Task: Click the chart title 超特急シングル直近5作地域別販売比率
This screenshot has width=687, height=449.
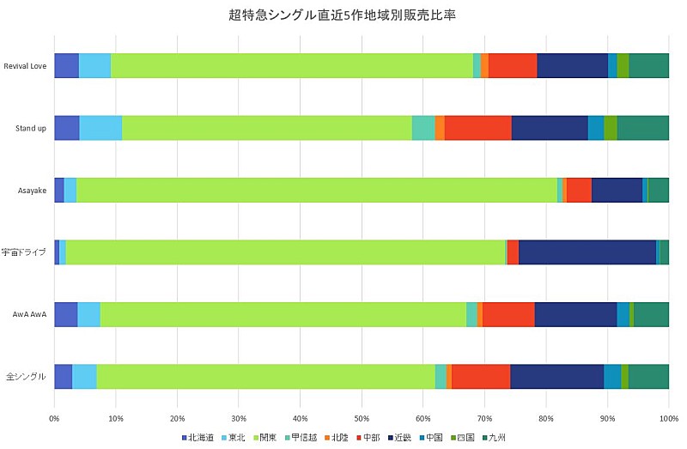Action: [343, 15]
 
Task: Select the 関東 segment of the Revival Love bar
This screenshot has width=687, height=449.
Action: [292, 65]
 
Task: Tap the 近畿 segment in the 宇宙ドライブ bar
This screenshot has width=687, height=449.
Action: [587, 252]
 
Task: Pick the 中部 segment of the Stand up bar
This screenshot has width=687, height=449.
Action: [478, 128]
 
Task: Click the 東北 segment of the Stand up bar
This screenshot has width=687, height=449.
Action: [100, 128]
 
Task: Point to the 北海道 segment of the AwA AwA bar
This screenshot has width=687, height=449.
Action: [65, 314]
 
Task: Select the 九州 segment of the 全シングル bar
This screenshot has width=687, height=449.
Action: [648, 377]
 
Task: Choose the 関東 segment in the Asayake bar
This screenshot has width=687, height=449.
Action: [316, 190]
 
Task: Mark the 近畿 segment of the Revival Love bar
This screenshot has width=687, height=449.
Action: [572, 65]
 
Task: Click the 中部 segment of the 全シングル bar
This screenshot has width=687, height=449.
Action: [481, 377]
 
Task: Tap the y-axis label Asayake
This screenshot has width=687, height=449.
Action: [32, 191]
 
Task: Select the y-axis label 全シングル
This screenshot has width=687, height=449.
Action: [26, 377]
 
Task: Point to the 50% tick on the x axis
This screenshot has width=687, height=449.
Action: [362, 418]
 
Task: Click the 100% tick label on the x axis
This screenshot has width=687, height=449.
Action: [668, 418]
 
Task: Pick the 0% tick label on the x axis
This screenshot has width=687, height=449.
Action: [54, 418]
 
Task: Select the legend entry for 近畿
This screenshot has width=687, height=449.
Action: [398, 439]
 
